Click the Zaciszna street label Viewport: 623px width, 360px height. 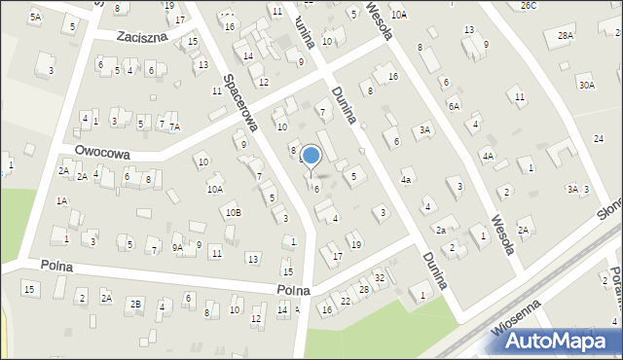coord(140,36)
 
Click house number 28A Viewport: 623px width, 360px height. coord(566,35)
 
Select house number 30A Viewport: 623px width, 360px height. coord(586,85)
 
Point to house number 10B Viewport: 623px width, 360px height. coord(233,211)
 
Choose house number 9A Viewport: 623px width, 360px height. coord(177,247)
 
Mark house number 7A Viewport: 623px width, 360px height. coord(174,126)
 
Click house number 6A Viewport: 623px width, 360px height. coord(454,105)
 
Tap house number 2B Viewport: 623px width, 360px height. coord(136,304)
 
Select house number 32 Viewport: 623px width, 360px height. coord(380,278)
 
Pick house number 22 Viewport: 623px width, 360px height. coord(346,301)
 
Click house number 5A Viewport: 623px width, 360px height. coord(35,17)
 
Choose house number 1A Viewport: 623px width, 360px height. coord(61,200)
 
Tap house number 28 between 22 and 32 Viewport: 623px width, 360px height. coord(363,289)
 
